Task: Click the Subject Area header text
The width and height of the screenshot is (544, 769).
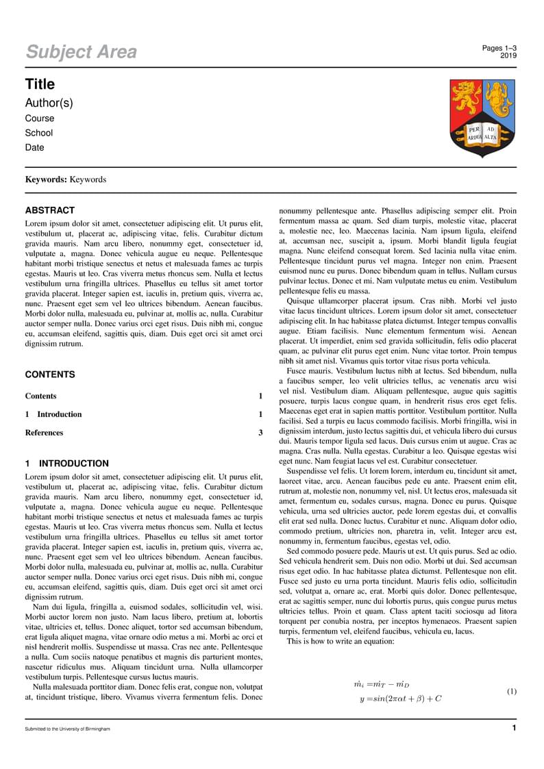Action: pyautogui.click(x=81, y=52)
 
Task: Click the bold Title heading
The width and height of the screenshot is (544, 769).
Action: pyautogui.click(x=40, y=84)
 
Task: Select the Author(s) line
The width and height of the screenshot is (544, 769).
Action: pyautogui.click(x=49, y=103)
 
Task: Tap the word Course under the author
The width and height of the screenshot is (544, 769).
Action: pyautogui.click(x=39, y=118)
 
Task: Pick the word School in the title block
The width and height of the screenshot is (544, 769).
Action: pyautogui.click(x=38, y=133)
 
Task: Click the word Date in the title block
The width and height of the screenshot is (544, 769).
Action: pyautogui.click(x=34, y=147)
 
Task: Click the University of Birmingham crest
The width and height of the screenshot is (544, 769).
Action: pyautogui.click(x=482, y=117)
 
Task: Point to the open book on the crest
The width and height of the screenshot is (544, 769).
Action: pyautogui.click(x=482, y=133)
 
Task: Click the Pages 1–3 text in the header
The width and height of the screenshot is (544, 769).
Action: pyautogui.click(x=499, y=48)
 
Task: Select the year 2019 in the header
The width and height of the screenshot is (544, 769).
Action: pyautogui.click(x=508, y=55)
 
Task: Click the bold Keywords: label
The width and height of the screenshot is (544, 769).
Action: pyautogui.click(x=46, y=179)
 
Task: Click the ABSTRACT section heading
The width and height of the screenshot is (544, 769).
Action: pyautogui.click(x=50, y=211)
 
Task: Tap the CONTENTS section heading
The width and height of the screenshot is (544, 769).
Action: pyautogui.click(x=50, y=375)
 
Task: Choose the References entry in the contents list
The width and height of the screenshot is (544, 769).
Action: pyautogui.click(x=44, y=433)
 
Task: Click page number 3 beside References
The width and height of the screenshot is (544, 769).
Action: pyautogui.click(x=260, y=433)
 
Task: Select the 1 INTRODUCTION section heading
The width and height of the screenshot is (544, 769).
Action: pyautogui.click(x=67, y=464)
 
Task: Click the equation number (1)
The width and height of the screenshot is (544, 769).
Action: pyautogui.click(x=511, y=692)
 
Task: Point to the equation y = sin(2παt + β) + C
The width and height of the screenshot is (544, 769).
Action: pyautogui.click(x=400, y=699)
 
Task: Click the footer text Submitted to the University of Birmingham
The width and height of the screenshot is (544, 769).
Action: pyautogui.click(x=67, y=729)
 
